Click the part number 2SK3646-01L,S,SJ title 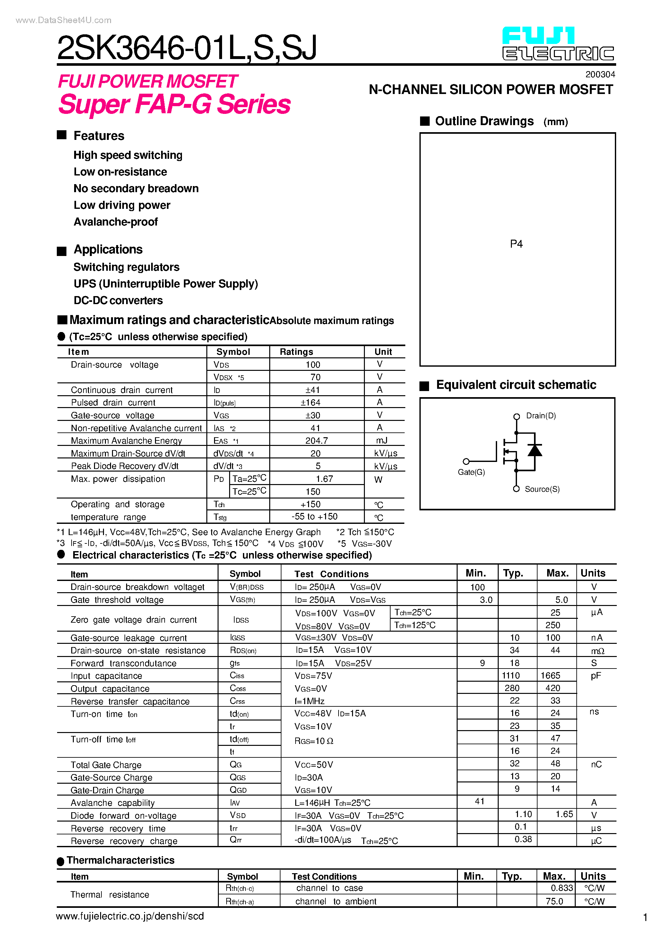point(187,48)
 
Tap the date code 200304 point(600,74)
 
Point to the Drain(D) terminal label point(540,416)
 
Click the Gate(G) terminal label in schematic point(471,472)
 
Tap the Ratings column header point(296,352)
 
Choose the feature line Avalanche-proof point(116,222)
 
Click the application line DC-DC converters point(118,300)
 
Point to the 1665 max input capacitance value point(550,676)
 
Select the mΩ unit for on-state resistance point(597,651)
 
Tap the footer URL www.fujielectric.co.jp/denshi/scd point(130,917)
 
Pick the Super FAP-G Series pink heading point(174,104)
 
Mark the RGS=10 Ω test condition point(314,741)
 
